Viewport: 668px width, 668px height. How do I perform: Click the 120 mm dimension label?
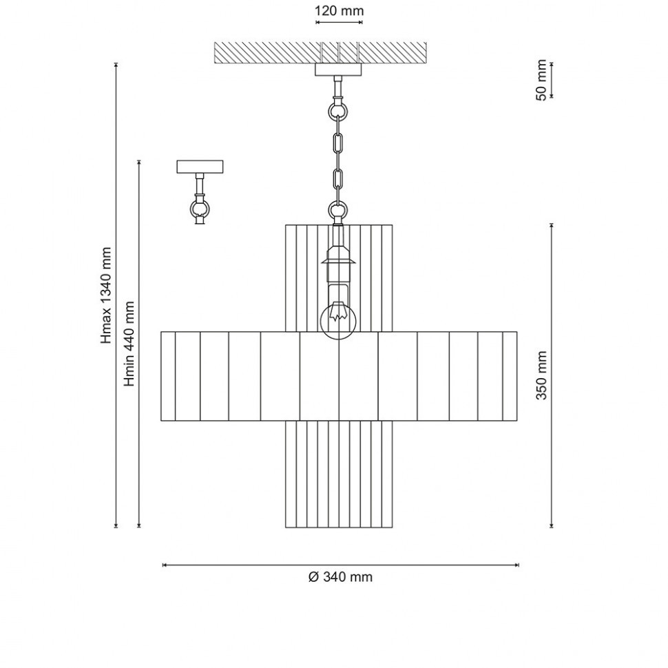click(x=339, y=10)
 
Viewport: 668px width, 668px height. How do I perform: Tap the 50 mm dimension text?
click(x=541, y=80)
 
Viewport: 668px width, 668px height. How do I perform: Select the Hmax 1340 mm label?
click(x=106, y=295)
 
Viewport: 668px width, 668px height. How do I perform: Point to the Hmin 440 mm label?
click(x=129, y=344)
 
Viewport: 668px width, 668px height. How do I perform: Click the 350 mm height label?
click(x=541, y=375)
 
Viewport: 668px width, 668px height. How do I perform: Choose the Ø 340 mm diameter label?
click(x=340, y=577)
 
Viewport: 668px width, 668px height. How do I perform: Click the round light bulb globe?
click(x=338, y=320)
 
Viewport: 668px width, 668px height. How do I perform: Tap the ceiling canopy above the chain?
click(x=338, y=70)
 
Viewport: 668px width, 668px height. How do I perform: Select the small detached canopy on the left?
click(x=200, y=167)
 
